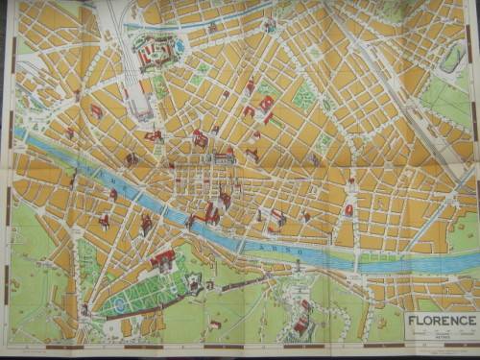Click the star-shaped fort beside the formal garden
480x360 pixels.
tap(195, 283)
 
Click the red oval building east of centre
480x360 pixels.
tap(348, 209)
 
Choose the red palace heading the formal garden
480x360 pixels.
tap(162, 259)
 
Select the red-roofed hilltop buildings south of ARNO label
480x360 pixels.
tap(301, 321)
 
